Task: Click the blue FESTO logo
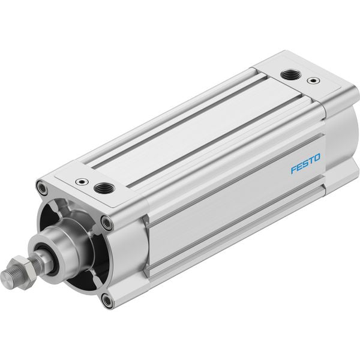[305, 163]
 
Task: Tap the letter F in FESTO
[293, 169]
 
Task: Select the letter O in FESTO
[317, 158]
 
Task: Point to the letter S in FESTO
[305, 163]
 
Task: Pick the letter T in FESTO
[311, 161]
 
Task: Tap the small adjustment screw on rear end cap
[313, 80]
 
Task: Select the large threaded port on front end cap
[104, 188]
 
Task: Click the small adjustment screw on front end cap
[82, 182]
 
